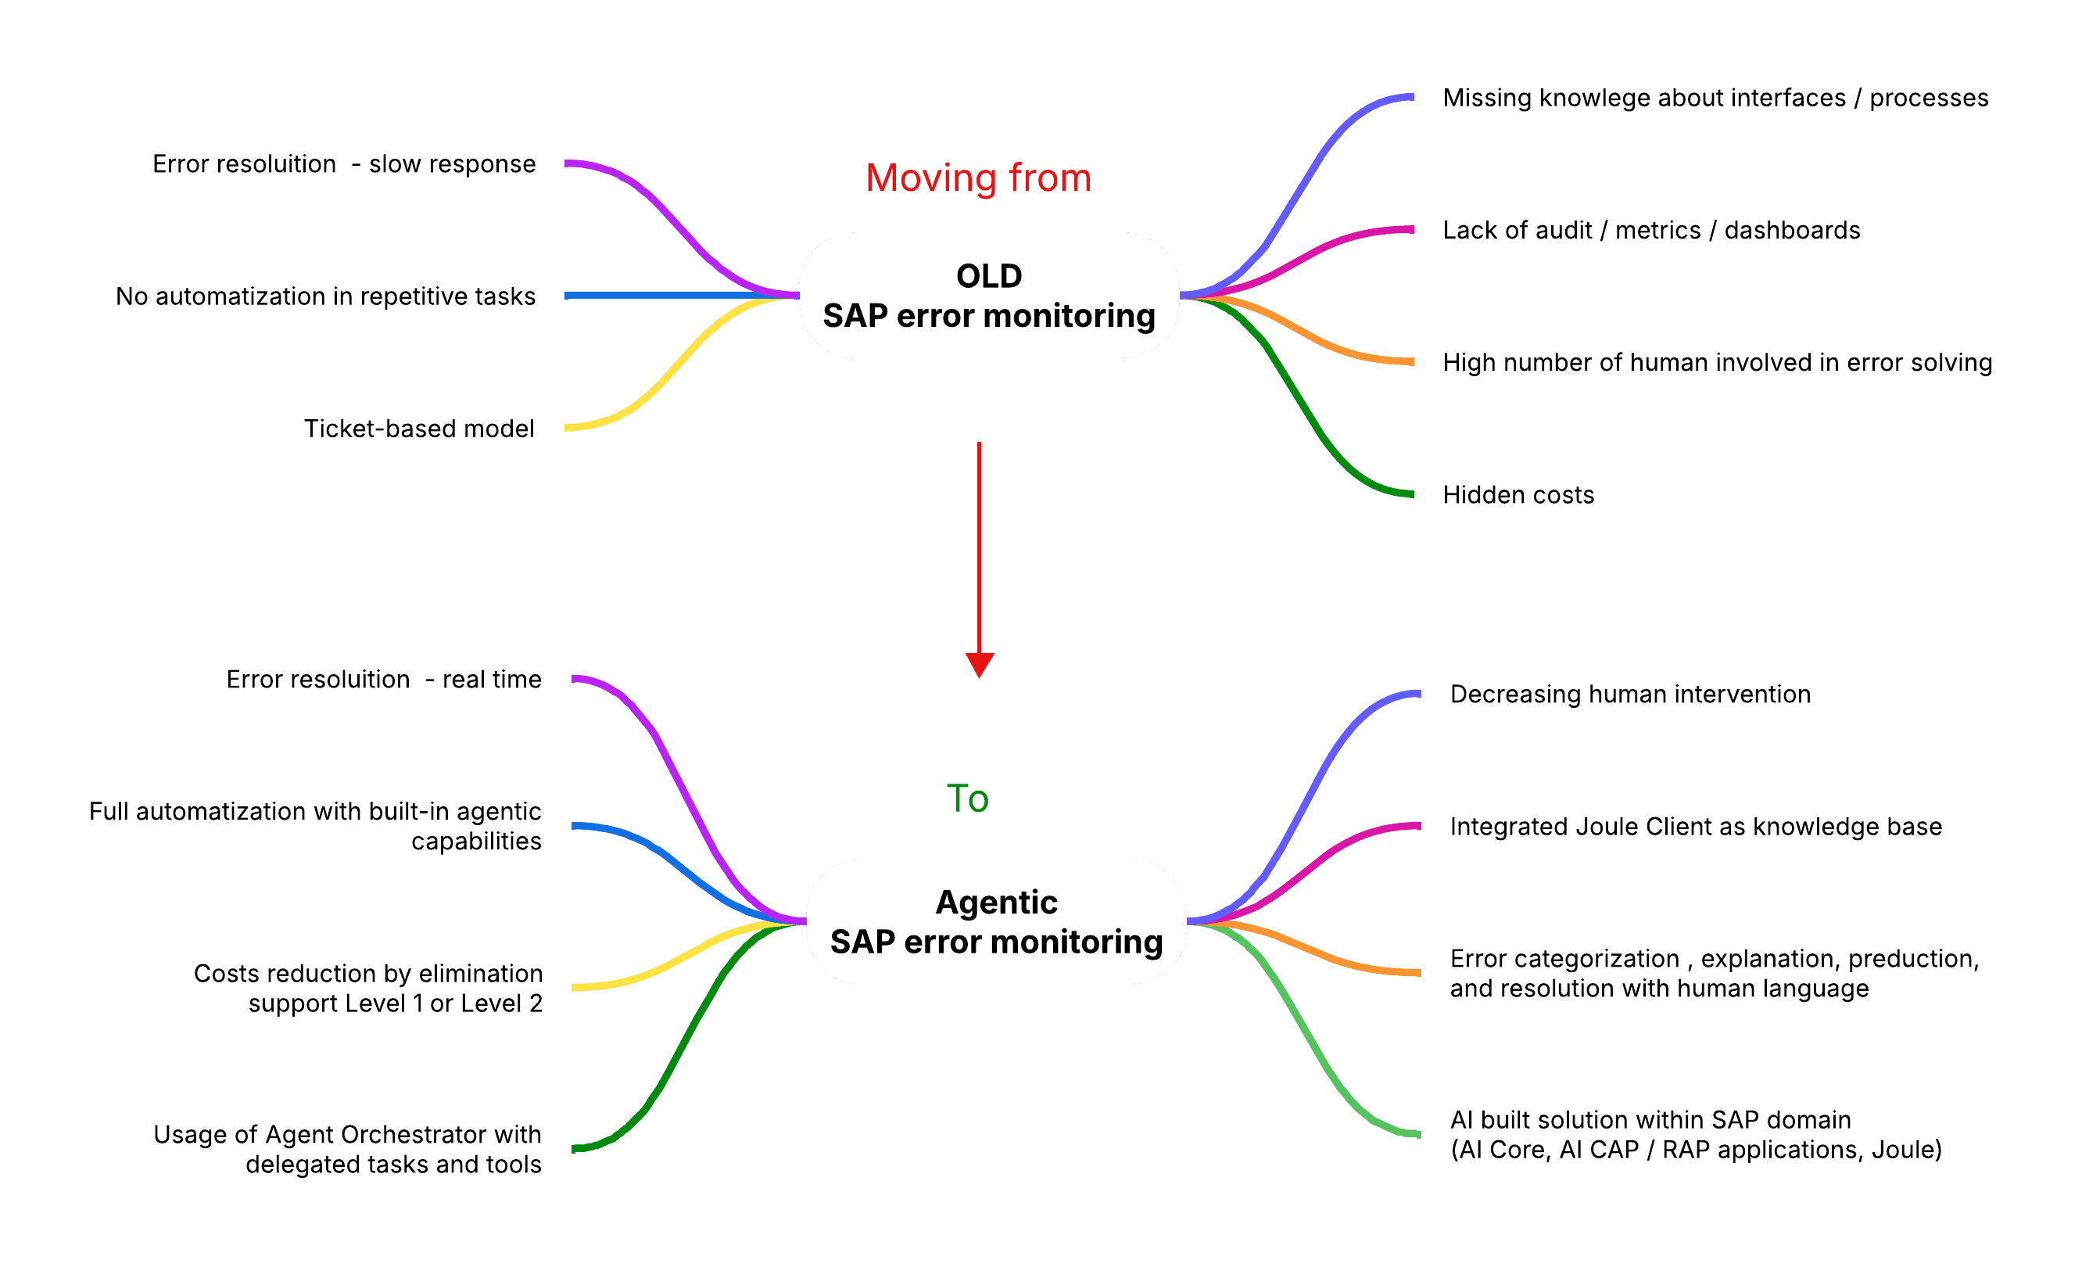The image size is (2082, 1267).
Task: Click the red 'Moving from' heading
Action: coord(979,178)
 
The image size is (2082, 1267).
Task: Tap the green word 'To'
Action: coord(967,799)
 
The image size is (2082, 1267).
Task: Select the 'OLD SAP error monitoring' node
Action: coord(988,295)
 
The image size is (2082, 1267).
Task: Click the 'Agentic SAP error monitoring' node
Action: coord(996,921)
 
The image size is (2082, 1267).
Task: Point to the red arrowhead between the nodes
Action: coord(980,663)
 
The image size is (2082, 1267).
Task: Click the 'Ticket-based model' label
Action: coord(418,429)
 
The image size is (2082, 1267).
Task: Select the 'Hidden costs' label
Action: coord(1518,494)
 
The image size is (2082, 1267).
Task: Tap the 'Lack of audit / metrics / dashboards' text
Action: coord(1651,230)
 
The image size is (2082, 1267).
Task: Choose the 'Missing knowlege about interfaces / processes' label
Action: coord(1715,98)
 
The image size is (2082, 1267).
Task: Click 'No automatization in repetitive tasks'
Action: coord(325,296)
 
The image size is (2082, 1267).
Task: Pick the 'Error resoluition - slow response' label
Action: coord(344,164)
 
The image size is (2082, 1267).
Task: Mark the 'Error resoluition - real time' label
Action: coord(384,680)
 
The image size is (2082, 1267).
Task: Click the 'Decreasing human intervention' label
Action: coord(1630,694)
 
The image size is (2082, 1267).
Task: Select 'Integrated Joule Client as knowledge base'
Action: coord(1696,826)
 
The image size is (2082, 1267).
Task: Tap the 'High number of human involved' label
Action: coord(1717,363)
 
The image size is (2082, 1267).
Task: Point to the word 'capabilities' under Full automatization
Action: coord(475,841)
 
